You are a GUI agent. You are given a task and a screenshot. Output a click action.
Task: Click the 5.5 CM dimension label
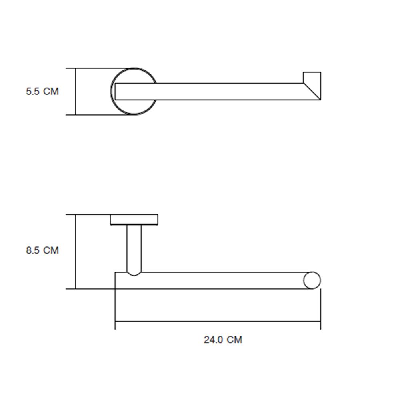click(x=42, y=92)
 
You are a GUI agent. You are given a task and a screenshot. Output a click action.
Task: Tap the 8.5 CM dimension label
click(x=42, y=250)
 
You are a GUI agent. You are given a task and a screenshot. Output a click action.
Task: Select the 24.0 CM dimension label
click(x=223, y=340)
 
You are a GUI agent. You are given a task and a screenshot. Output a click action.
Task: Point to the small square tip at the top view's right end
click(x=312, y=77)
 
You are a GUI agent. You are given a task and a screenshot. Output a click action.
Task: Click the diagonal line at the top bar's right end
click(x=312, y=92)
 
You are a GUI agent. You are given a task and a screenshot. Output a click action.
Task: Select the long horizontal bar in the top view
click(x=224, y=92)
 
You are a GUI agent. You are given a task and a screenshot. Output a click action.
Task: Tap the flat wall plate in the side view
click(x=134, y=219)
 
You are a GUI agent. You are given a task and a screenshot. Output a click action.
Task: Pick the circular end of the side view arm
click(x=312, y=280)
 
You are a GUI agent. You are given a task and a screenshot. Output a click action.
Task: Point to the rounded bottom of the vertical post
click(x=134, y=274)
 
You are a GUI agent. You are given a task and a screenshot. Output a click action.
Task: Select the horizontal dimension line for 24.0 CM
click(x=218, y=321)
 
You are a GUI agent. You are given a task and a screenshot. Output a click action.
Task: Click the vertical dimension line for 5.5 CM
click(x=76, y=92)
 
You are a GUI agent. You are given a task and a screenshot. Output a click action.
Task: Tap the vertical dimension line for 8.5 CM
click(x=76, y=252)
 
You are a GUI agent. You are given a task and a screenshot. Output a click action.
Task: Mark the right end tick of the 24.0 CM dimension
click(x=320, y=322)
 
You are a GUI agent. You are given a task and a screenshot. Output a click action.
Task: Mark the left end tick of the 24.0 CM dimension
click(x=115, y=322)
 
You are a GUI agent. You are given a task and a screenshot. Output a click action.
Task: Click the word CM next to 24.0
click(x=234, y=340)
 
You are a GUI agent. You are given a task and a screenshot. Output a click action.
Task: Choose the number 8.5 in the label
click(x=33, y=250)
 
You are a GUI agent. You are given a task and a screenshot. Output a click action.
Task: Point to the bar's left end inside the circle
click(x=116, y=92)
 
